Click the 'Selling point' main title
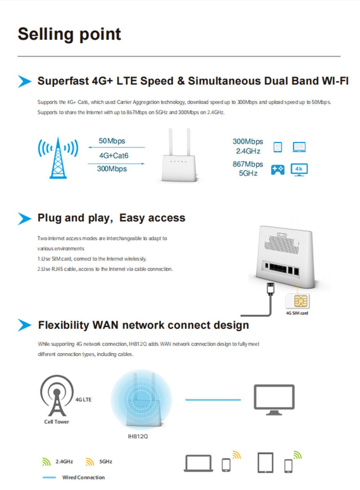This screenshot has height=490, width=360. click(70, 34)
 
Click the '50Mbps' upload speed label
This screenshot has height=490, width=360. click(112, 141)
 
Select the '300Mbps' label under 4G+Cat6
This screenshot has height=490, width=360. click(112, 169)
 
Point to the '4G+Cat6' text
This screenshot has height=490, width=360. click(114, 155)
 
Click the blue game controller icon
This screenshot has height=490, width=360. click(278, 169)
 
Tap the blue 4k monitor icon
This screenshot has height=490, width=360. click(299, 169)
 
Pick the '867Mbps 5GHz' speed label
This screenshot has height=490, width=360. click(248, 169)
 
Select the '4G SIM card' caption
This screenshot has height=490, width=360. click(297, 313)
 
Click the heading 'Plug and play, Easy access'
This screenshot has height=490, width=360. click(111, 218)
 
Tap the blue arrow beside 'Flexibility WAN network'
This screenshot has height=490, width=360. click(24, 325)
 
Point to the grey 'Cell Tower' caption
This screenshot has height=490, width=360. click(57, 422)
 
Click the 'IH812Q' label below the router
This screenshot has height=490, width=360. click(138, 436)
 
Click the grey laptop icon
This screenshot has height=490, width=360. click(198, 464)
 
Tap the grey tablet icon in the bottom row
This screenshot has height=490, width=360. click(265, 463)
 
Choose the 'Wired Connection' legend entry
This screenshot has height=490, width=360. click(83, 478)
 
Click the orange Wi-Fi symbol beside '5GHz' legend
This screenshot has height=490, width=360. click(90, 462)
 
